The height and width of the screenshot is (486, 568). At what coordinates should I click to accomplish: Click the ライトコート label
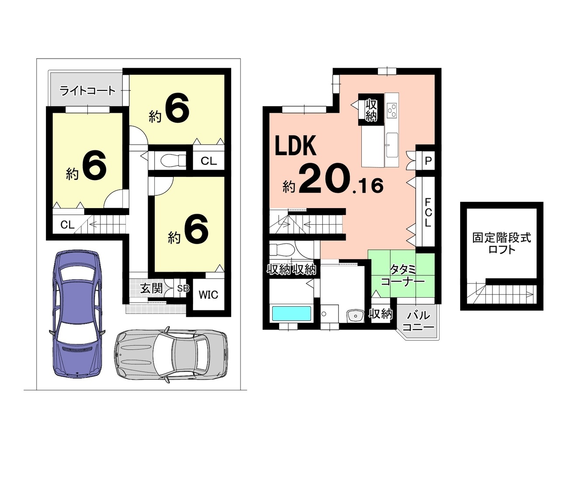tap(87, 91)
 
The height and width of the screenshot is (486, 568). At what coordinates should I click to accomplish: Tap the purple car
tap(77, 313)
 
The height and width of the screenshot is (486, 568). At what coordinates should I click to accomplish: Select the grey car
tap(171, 354)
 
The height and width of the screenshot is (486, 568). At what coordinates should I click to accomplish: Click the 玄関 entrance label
tap(152, 288)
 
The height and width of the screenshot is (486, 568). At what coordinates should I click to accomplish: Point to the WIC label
tap(208, 295)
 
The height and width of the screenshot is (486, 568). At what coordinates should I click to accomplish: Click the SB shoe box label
tap(183, 288)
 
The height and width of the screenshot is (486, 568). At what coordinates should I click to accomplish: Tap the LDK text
tap(295, 146)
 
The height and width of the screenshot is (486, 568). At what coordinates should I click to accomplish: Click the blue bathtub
tap(291, 313)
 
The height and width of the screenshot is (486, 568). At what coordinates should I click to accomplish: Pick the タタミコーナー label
tap(403, 276)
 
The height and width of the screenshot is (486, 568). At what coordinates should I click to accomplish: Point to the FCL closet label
tap(428, 212)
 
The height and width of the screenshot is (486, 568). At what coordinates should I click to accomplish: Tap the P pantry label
tap(428, 161)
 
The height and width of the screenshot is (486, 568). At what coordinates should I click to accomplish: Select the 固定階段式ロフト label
tap(502, 243)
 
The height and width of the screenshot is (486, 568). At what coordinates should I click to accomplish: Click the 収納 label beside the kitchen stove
tap(371, 110)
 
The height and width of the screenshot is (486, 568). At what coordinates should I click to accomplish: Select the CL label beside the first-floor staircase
tap(67, 225)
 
